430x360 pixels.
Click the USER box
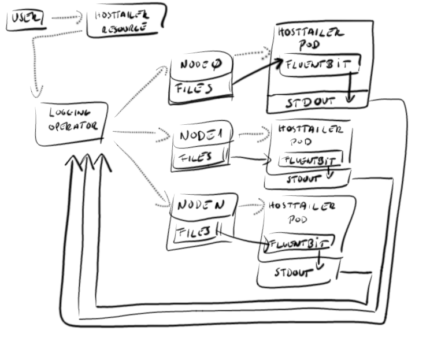point(25,20)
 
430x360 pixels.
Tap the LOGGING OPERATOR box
point(70,123)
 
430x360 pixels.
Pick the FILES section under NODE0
point(194,89)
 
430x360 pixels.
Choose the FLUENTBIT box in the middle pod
point(310,159)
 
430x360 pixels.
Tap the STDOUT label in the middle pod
point(302,179)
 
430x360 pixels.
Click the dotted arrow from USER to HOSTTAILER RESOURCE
point(66,18)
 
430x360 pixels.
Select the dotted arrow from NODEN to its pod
point(250,206)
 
